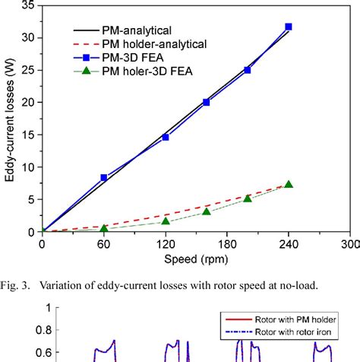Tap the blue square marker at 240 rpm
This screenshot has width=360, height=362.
[288, 27]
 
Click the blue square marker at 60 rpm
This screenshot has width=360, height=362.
[104, 177]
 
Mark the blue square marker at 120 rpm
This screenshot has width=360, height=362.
[166, 137]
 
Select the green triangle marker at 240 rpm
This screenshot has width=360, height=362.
[288, 184]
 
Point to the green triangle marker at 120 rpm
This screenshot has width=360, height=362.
[166, 221]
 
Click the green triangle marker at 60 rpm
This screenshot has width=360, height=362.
[104, 227]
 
